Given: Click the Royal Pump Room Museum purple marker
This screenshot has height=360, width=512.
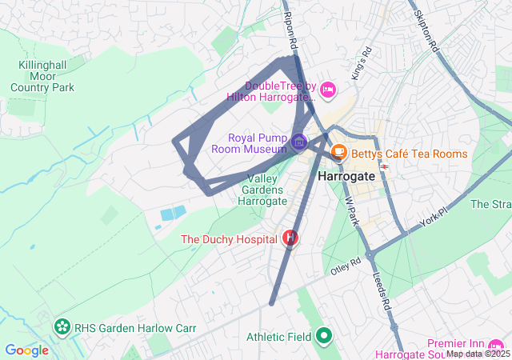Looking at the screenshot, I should click(298, 143).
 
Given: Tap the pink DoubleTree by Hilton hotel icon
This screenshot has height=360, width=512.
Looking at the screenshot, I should click(326, 92).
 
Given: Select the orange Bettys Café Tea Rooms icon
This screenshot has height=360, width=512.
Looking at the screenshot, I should click(338, 151).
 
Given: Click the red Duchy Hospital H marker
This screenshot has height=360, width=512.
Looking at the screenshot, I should click(290, 238).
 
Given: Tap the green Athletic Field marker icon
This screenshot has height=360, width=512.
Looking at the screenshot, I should click(323, 337).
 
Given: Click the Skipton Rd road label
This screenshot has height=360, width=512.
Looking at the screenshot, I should click(425, 30).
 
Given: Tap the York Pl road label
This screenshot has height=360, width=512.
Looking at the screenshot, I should click(433, 211).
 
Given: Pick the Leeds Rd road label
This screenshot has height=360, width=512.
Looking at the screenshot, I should click(382, 292).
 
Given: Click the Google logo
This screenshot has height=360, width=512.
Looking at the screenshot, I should click(27, 350).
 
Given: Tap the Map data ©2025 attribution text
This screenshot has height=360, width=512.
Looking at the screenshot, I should click(478, 354).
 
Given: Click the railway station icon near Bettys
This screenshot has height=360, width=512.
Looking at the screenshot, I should click(385, 166).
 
